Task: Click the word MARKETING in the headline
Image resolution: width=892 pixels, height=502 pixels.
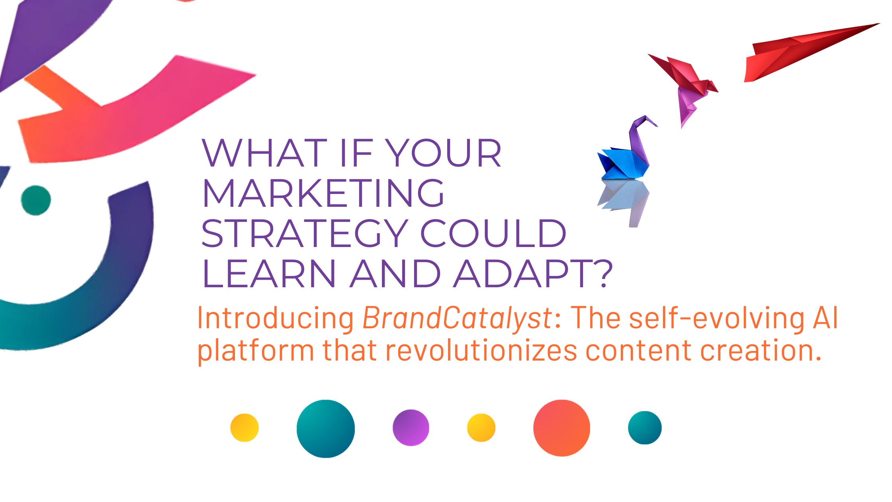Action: [x=323, y=193]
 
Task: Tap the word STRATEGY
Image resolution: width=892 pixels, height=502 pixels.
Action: [x=305, y=233]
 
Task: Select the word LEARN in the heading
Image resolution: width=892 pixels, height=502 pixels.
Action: [x=269, y=273]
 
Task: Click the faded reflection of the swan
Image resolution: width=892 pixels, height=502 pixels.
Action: [x=623, y=201]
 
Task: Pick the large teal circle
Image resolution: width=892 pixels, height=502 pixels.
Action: [x=326, y=429]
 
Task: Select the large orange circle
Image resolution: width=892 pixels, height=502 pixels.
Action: [x=562, y=428]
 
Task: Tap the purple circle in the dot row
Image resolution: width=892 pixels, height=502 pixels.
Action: [x=411, y=428]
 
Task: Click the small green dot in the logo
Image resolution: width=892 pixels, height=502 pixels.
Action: [x=36, y=200]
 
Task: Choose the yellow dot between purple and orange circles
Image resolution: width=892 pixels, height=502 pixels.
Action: [x=481, y=428]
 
